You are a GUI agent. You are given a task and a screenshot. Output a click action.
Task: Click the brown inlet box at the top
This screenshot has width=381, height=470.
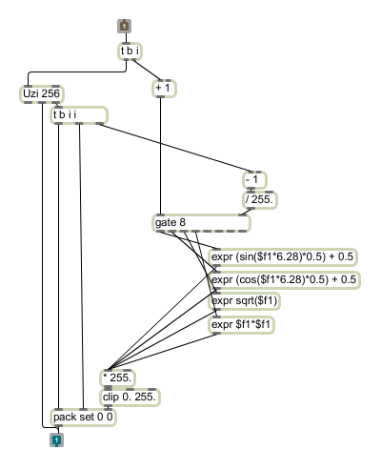click(x=124, y=26)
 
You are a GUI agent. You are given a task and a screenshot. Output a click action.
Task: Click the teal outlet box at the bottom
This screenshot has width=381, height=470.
click(x=56, y=439)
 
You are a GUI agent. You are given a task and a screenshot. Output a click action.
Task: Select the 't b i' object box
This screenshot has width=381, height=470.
click(x=130, y=51)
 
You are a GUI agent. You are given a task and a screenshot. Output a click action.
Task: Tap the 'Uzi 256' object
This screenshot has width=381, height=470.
click(x=42, y=93)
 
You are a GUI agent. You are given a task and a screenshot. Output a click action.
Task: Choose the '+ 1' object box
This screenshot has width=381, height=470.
click(x=164, y=89)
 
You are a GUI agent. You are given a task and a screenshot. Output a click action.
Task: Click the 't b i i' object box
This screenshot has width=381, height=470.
click(x=79, y=115)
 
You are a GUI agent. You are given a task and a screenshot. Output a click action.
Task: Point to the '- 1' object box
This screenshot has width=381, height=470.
click(x=254, y=180)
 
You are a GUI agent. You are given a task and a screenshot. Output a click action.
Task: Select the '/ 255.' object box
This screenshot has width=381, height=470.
click(x=260, y=200)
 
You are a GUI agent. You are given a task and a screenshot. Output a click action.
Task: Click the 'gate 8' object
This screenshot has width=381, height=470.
click(x=201, y=223)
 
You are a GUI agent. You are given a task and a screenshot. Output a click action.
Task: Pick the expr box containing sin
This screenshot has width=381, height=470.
click(x=283, y=256)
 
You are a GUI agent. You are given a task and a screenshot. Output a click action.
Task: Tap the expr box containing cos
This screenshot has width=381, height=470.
click(x=284, y=280)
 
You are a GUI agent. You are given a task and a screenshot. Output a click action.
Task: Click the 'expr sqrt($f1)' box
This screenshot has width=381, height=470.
click(x=245, y=301)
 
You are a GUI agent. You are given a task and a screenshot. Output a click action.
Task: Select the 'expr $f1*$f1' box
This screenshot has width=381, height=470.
click(x=241, y=325)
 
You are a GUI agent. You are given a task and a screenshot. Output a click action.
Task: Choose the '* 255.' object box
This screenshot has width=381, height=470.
click(x=117, y=378)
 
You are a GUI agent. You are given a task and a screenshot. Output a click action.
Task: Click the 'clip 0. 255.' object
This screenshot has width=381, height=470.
click(x=130, y=398)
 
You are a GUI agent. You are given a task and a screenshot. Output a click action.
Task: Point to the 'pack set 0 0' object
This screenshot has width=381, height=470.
click(x=83, y=417)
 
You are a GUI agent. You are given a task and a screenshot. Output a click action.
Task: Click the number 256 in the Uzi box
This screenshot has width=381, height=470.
click(x=50, y=93)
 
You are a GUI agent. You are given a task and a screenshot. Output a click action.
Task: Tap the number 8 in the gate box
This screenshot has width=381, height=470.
click(x=182, y=222)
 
